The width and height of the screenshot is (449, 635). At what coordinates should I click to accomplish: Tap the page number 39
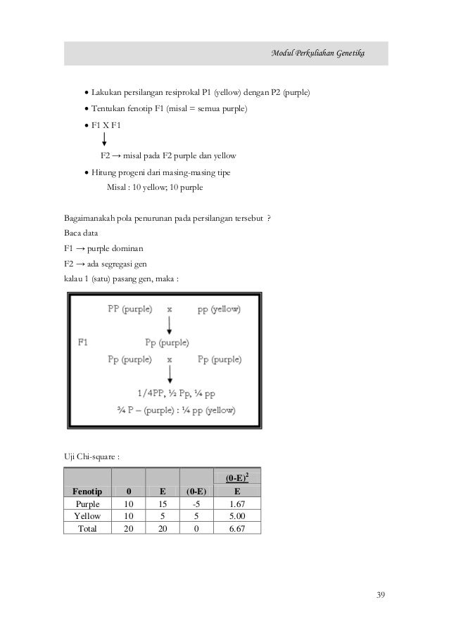(381, 596)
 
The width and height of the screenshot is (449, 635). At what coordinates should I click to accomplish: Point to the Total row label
(87, 528)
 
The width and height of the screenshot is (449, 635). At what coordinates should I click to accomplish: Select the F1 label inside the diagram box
(83, 342)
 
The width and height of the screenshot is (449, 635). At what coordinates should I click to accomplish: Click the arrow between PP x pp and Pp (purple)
(169, 325)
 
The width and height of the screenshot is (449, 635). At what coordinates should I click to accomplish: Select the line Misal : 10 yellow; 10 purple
(153, 188)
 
